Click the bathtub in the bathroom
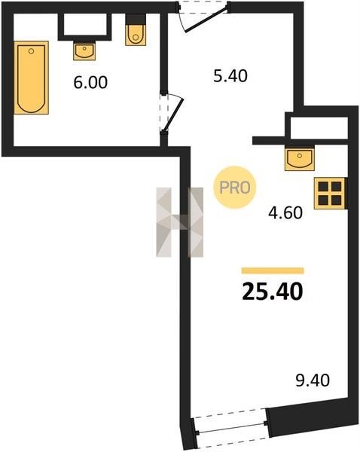pyautogui.click(x=31, y=78)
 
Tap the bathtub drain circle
pyautogui.click(x=32, y=51)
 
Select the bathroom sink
pyautogui.click(x=84, y=50)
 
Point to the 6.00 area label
pyautogui.click(x=90, y=82)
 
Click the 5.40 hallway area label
pyautogui.click(x=230, y=76)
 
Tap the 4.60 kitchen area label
pyautogui.click(x=285, y=213)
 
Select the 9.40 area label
pyautogui.click(x=313, y=380)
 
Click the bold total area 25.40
pyautogui.click(x=273, y=292)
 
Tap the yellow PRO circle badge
pyautogui.click(x=235, y=188)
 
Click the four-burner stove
pyautogui.click(x=331, y=193)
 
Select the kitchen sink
pyautogui.click(x=300, y=158)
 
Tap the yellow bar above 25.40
pyautogui.click(x=273, y=270)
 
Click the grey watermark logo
pyautogui.click(x=179, y=222)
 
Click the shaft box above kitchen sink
pyautogui.click(x=319, y=128)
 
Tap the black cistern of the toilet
pyautogui.click(x=135, y=19)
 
